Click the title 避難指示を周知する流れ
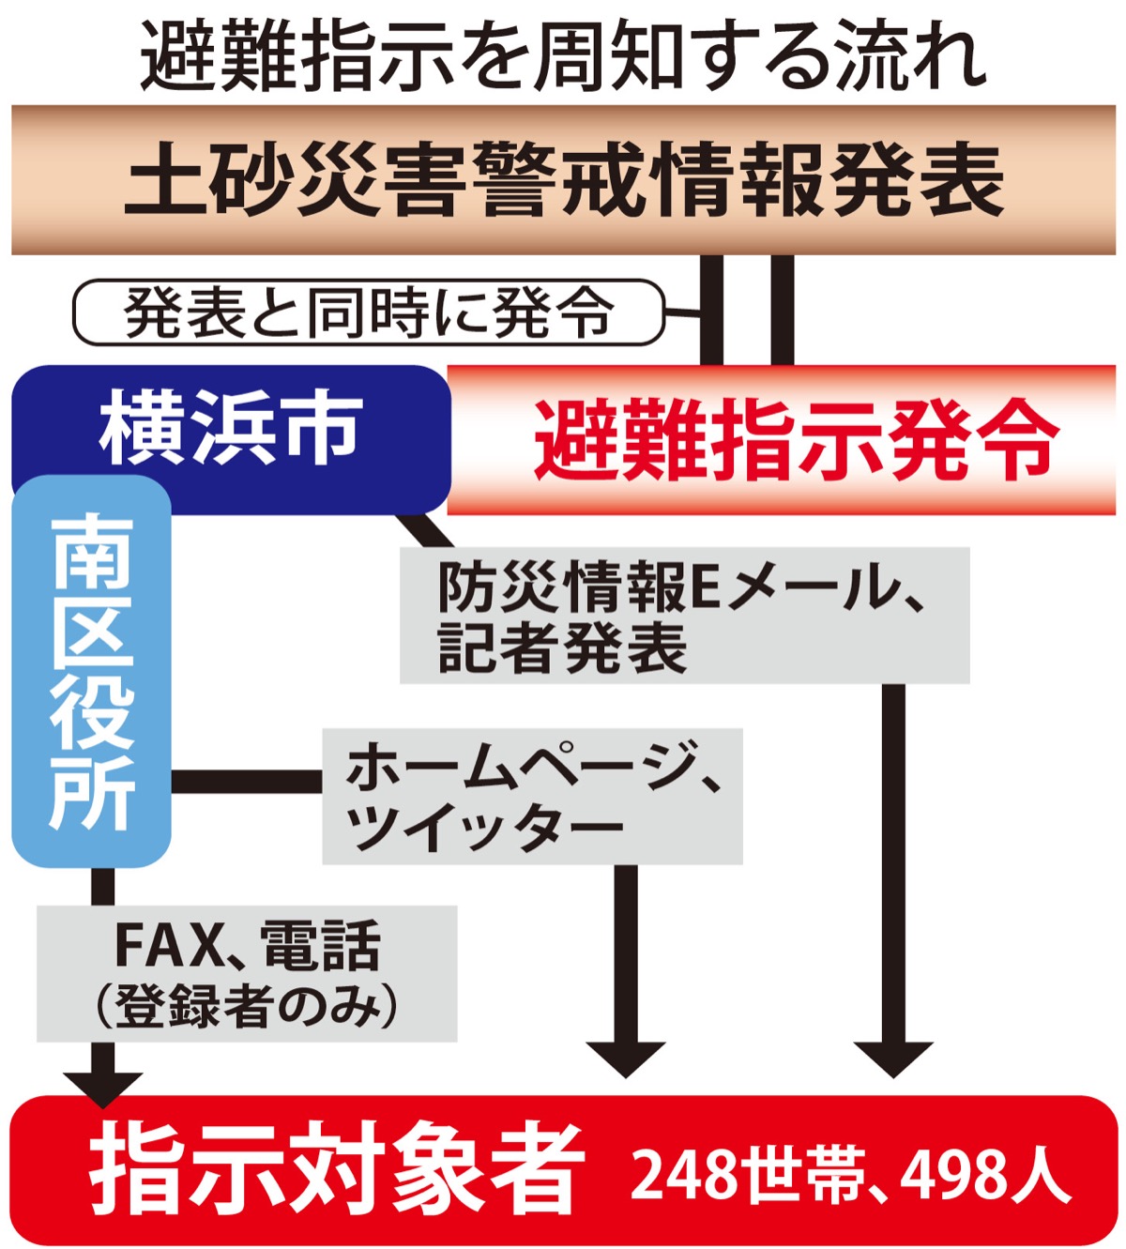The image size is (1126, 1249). [x=563, y=54]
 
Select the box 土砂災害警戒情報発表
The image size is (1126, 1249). [x=563, y=180]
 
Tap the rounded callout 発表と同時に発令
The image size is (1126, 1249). [x=368, y=312]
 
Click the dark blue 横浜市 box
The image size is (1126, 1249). [x=231, y=428]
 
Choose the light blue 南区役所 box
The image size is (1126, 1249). [x=91, y=671]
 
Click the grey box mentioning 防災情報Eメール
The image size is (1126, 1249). [x=684, y=616]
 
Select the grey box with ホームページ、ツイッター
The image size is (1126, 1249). [x=532, y=796]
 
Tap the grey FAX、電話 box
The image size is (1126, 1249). [x=247, y=973]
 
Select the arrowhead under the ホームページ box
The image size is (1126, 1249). [x=625, y=1057]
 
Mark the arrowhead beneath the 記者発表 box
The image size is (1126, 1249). [x=893, y=1057]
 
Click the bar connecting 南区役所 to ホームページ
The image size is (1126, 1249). [x=246, y=782]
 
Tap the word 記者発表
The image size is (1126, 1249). [x=561, y=647]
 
